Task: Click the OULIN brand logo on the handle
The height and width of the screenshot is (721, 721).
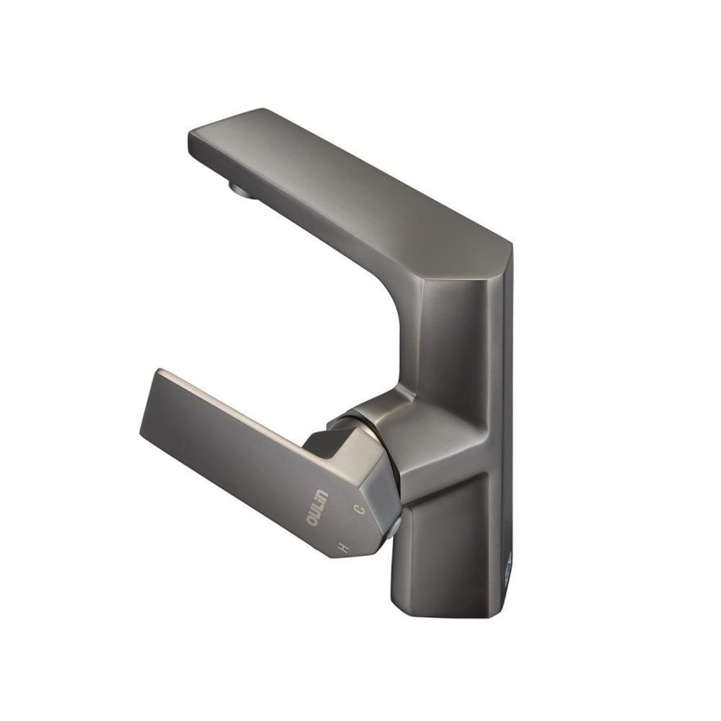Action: (318, 508)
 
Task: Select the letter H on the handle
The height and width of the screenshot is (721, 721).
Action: (342, 547)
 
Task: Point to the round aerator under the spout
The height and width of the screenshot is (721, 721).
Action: (243, 190)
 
